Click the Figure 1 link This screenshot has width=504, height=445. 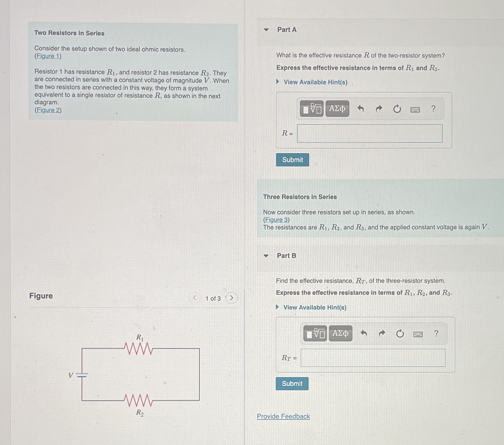click(x=48, y=56)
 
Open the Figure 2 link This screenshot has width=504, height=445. click(x=48, y=110)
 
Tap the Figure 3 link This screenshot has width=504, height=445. click(x=276, y=220)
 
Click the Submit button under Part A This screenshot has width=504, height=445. click(x=292, y=160)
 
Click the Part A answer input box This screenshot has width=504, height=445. click(x=370, y=134)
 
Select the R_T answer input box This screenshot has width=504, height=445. click(x=373, y=358)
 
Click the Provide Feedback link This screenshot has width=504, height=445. click(x=283, y=416)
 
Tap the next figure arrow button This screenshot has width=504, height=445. click(x=231, y=298)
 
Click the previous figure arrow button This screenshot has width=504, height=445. click(x=195, y=298)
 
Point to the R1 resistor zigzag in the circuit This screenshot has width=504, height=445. click(x=138, y=348)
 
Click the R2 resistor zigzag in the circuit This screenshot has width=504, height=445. click(x=138, y=400)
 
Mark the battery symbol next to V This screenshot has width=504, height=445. click(x=82, y=375)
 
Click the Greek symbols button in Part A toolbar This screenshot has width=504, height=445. click(x=337, y=109)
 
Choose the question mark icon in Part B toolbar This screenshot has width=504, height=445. click(x=436, y=334)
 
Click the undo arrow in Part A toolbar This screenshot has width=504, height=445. click(x=361, y=109)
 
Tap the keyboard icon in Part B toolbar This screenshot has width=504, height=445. click(x=418, y=334)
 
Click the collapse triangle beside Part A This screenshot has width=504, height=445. click(x=266, y=30)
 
